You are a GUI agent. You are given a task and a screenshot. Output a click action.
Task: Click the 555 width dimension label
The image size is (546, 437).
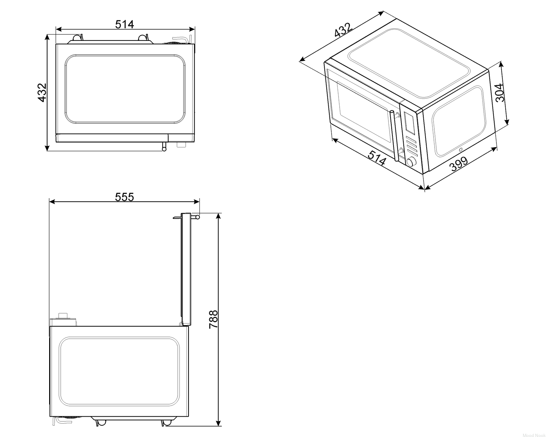coord(124,197)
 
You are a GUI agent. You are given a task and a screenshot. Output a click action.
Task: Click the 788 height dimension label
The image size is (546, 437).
coord(213,319)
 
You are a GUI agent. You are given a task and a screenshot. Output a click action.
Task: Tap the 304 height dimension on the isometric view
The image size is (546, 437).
coord(499,92)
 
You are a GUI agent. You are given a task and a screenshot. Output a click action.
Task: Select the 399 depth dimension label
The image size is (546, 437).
coord(459,164)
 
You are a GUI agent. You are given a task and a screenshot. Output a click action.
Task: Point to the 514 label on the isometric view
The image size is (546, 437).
coord(377,158)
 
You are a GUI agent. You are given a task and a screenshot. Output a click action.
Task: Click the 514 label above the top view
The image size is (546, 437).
coord(124,24)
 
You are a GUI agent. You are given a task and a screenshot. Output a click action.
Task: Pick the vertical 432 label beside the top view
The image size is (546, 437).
coord(42,92)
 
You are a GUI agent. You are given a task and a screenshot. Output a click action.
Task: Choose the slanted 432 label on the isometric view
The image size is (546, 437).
coord(343,30)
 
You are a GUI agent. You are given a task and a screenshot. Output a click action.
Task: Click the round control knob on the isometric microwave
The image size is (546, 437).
coord(411,161)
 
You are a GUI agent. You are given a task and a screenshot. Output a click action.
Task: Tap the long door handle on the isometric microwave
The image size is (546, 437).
coord(395,135)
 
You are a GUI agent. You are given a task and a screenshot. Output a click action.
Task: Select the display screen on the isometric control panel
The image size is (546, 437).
coord(409,123)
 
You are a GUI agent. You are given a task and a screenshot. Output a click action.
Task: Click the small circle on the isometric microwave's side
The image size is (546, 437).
coord(461,150)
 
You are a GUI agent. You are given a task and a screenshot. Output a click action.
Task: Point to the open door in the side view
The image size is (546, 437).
coord(186,269)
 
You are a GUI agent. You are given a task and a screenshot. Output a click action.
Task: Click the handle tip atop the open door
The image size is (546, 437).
coord(197,217)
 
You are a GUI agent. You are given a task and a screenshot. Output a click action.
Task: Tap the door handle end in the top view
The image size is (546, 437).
coord(164,149)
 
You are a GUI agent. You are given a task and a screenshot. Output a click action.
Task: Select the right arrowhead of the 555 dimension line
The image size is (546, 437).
coord(197,202)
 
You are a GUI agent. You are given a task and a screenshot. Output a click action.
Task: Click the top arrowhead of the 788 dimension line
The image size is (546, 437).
coord(218,216)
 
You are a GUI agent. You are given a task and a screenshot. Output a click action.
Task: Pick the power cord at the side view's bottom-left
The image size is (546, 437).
coord(60,421)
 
